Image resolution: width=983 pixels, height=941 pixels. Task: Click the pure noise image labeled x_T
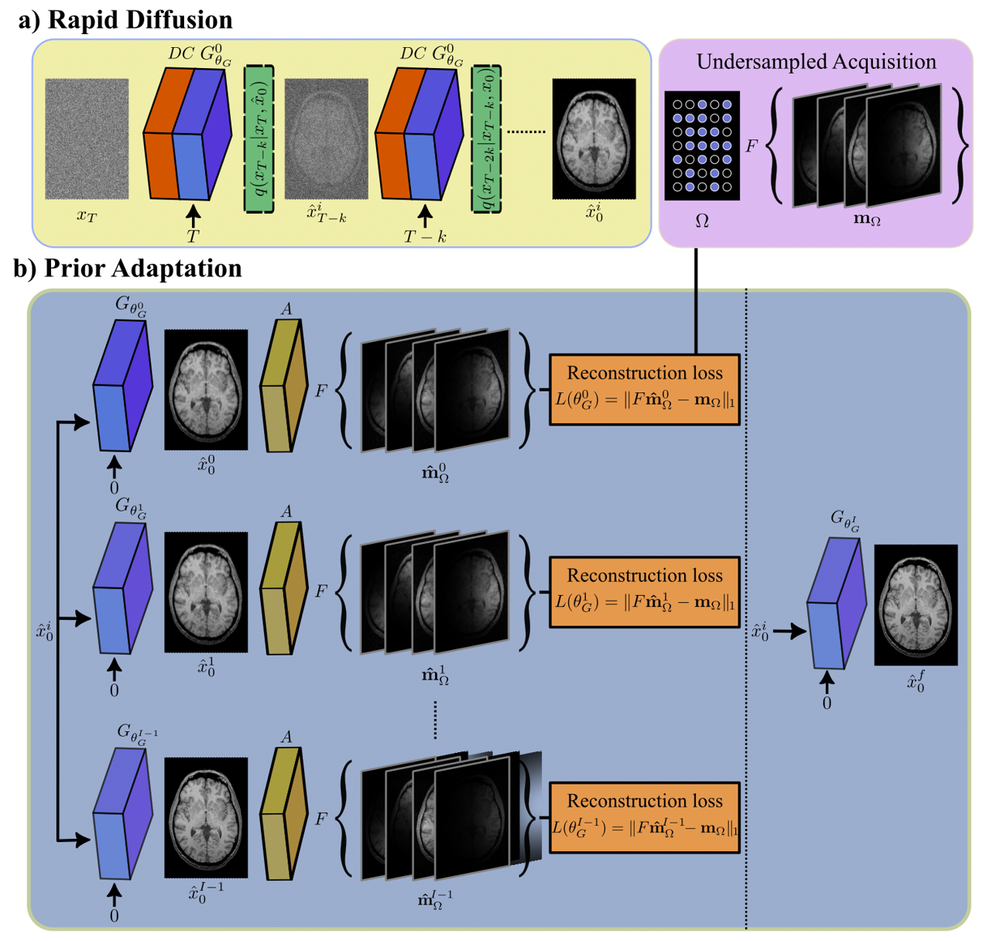[x=87, y=139]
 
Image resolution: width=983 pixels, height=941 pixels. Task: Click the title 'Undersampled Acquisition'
[x=816, y=62]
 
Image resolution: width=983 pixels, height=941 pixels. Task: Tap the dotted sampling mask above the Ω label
[x=702, y=145]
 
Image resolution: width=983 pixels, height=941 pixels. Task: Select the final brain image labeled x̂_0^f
[x=916, y=604]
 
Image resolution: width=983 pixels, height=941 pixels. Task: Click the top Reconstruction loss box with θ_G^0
[x=645, y=389]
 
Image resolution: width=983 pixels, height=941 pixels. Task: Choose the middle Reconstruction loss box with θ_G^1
[x=645, y=591]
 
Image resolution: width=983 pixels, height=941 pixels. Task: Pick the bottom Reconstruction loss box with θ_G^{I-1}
[x=645, y=817]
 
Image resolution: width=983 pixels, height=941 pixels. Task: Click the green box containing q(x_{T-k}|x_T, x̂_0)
[x=259, y=139]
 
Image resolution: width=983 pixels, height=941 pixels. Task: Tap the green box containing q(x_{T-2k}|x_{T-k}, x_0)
[x=486, y=139]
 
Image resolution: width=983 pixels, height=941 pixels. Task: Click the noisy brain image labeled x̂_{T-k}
[x=326, y=139]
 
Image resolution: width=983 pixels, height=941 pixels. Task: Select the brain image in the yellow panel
[x=594, y=139]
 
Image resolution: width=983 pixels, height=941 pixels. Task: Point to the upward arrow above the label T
[x=194, y=214]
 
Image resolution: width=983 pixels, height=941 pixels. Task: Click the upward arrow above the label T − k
[x=424, y=216]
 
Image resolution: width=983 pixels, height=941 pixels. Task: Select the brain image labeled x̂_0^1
[x=206, y=592]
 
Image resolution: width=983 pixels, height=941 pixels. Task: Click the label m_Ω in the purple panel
[x=867, y=219]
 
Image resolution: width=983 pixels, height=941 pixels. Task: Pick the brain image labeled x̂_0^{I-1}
[x=206, y=817]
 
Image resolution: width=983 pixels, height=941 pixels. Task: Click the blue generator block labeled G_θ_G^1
[x=121, y=588]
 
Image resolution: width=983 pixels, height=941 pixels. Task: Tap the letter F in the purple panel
[x=751, y=145]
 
